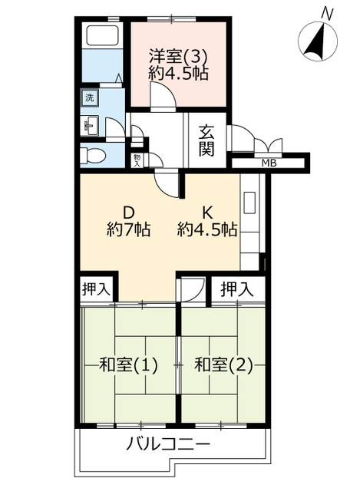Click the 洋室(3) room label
coord(177,57)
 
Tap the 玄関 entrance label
coord(206,140)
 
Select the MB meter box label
coord(269,163)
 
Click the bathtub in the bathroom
coord(102,35)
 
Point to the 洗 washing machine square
coord(90,97)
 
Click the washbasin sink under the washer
coord(90,126)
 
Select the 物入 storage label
coord(137,161)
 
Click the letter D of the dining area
coord(128,213)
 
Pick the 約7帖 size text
coord(128,229)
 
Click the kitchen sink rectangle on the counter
coord(249,203)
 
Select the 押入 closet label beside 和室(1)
coord(96,289)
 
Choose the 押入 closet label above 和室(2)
coord(236,289)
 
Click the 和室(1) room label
coord(128,365)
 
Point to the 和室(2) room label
coord(223,365)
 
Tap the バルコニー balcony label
coord(168,444)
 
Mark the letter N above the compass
coord(327,14)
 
